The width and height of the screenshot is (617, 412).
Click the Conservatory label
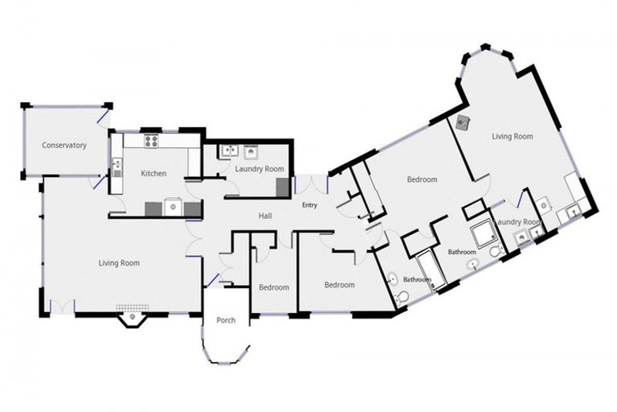pos(64,145)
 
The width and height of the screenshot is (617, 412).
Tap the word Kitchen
pos(153,173)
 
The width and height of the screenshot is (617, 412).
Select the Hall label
pos(265,216)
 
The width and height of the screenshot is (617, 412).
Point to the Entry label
pos(309,205)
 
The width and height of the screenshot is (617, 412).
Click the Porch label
pos(226,320)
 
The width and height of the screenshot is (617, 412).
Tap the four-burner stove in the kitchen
pos(151,141)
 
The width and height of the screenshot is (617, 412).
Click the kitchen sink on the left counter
pos(116,167)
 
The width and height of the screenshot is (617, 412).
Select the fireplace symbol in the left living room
pos(133,318)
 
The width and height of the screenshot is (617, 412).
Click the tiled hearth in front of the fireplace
pos(133,308)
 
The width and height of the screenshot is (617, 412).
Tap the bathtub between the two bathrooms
pos(431,272)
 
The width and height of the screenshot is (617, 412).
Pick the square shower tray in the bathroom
pos(484,236)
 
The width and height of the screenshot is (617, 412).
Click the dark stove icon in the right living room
pos(463,123)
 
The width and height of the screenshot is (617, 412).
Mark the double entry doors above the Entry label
pos(311,184)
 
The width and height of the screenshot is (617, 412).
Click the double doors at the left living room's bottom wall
pos(62,307)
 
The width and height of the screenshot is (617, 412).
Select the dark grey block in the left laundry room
pos(282,187)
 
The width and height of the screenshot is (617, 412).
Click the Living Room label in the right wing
pos(513,137)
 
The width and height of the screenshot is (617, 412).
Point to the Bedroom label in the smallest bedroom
pos(274,287)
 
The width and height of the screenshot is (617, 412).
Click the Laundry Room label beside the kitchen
pos(259,169)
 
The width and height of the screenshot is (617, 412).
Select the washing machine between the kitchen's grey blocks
pos(173,207)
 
